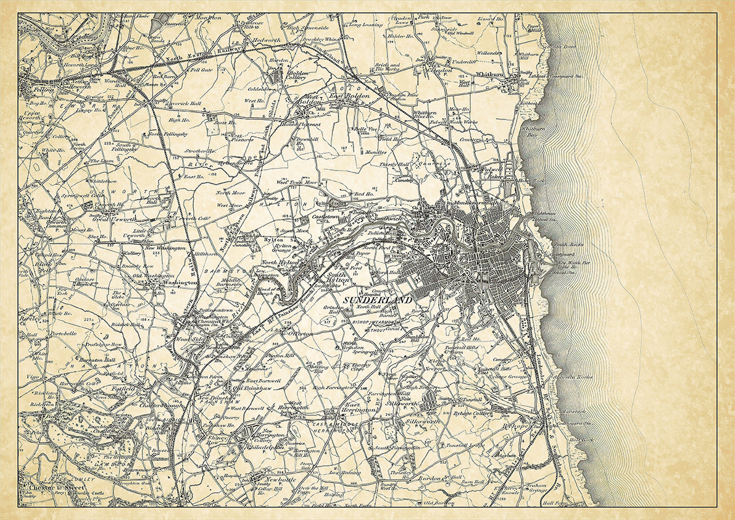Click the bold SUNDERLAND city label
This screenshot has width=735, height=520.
(x=376, y=300)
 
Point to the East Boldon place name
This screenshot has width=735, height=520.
(x=345, y=97)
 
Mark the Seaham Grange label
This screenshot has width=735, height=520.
(x=536, y=489)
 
